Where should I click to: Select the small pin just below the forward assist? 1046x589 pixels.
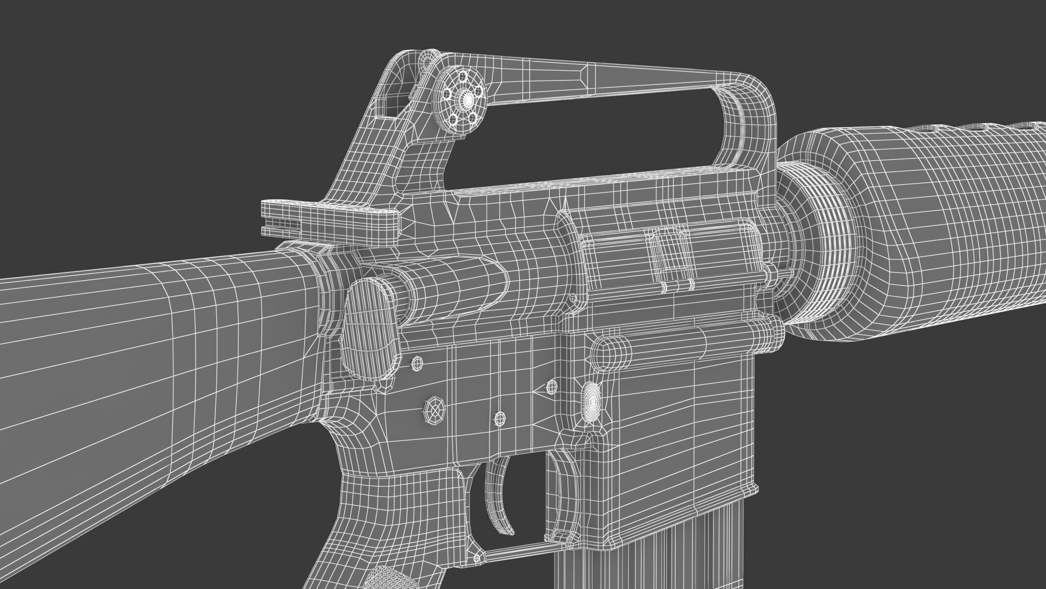tap(417, 363)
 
